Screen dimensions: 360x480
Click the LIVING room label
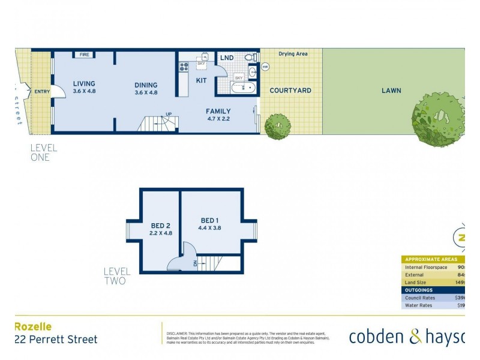point(84,84)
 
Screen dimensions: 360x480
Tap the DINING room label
point(146,85)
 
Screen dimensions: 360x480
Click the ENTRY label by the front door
point(42,92)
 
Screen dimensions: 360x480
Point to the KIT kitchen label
point(202,80)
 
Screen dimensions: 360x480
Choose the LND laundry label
point(227,58)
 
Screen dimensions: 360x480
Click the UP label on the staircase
point(169,114)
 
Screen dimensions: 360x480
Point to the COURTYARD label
point(290,91)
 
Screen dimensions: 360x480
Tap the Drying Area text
point(293,54)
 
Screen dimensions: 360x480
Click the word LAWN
point(391,91)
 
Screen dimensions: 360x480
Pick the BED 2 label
point(161,226)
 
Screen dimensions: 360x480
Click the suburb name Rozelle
point(33,327)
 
